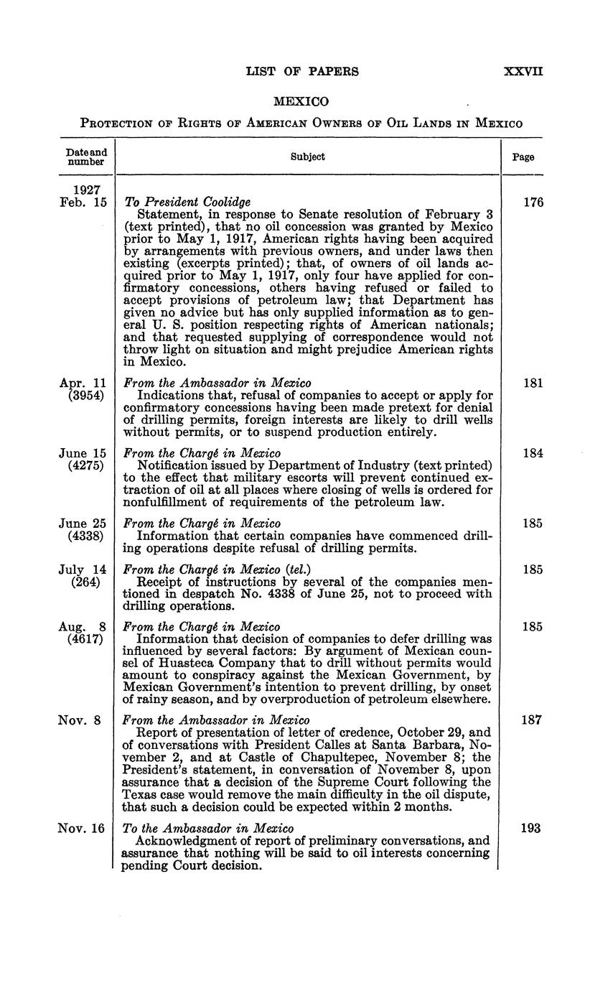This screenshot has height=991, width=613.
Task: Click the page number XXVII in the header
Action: (x=523, y=71)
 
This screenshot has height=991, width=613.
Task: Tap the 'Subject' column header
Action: (x=307, y=157)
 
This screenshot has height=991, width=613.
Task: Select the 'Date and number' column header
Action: (x=86, y=157)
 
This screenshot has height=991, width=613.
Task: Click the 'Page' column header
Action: (x=523, y=157)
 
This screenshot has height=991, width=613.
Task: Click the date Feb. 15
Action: (x=83, y=203)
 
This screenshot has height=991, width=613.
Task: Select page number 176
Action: (x=533, y=203)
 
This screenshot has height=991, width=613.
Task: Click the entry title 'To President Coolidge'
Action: (x=188, y=203)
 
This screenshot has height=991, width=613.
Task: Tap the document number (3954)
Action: (x=86, y=396)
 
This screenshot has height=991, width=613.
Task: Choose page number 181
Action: (x=533, y=383)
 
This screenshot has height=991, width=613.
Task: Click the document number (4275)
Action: (x=86, y=466)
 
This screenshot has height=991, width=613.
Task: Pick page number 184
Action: (x=533, y=453)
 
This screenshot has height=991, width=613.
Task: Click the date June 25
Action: (x=83, y=523)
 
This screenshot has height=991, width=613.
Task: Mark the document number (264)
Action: (x=86, y=582)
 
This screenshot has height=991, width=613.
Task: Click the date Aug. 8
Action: (x=83, y=627)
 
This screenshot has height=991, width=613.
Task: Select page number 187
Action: (x=532, y=720)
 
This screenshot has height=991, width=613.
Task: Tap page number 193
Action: (x=532, y=828)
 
